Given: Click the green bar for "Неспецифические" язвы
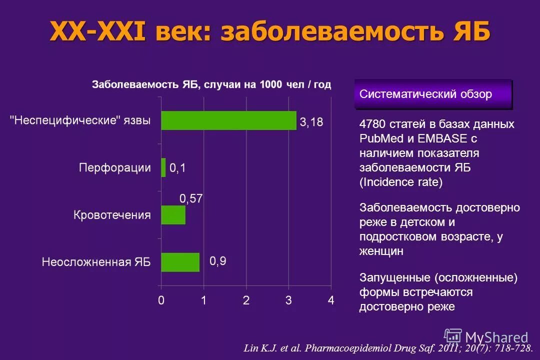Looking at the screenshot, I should point(228,120).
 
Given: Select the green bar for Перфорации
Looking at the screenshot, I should point(163,167).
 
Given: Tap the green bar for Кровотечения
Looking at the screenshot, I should point(173,215).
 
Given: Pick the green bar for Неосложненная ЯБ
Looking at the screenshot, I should point(180,262).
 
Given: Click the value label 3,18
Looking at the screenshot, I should point(311,121).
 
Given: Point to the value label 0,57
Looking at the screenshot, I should point(191,198).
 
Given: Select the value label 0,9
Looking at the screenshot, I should point(217,261).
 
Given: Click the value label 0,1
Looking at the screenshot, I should point(177,168).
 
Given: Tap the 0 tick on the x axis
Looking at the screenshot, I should point(161,301).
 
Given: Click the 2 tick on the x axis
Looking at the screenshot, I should point(246,301).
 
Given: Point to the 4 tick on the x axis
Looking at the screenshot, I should point(330,301).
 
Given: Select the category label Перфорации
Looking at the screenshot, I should point(114,167).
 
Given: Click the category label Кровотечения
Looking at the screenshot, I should point(112,215).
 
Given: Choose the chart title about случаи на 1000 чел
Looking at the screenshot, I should point(211,84).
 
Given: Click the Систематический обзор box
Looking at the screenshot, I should point(433,94).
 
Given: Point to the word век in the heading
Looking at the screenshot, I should point(182,32).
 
